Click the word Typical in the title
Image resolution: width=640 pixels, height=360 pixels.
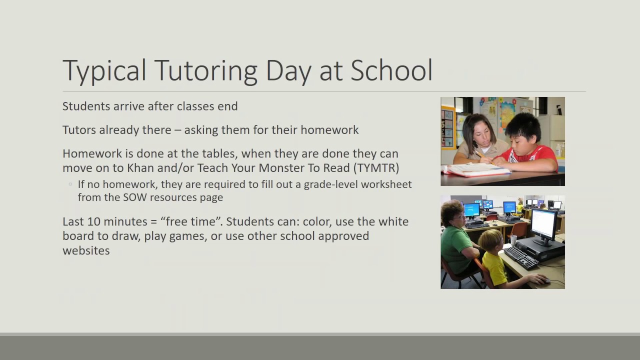(x=104, y=70)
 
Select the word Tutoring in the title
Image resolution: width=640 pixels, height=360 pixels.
(x=205, y=70)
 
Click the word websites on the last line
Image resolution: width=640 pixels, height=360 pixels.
(x=86, y=250)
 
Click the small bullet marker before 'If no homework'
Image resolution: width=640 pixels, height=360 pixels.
(x=70, y=184)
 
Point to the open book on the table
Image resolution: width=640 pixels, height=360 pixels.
(x=475, y=170)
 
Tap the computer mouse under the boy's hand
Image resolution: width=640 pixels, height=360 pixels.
(x=545, y=281)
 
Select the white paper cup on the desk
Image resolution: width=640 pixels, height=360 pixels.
(x=513, y=240)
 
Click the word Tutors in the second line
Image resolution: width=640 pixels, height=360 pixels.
(x=78, y=130)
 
